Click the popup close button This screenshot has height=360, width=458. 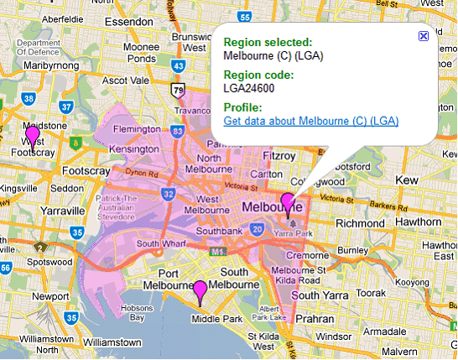click(x=423, y=36)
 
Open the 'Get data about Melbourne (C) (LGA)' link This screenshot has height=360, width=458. click(x=310, y=122)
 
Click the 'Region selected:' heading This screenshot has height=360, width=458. click(x=268, y=42)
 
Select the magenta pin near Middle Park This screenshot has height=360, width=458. click(x=200, y=291)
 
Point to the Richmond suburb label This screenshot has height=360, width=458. click(x=358, y=223)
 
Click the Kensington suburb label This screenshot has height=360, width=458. click(x=113, y=148)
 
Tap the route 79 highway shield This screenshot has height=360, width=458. click(x=178, y=89)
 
